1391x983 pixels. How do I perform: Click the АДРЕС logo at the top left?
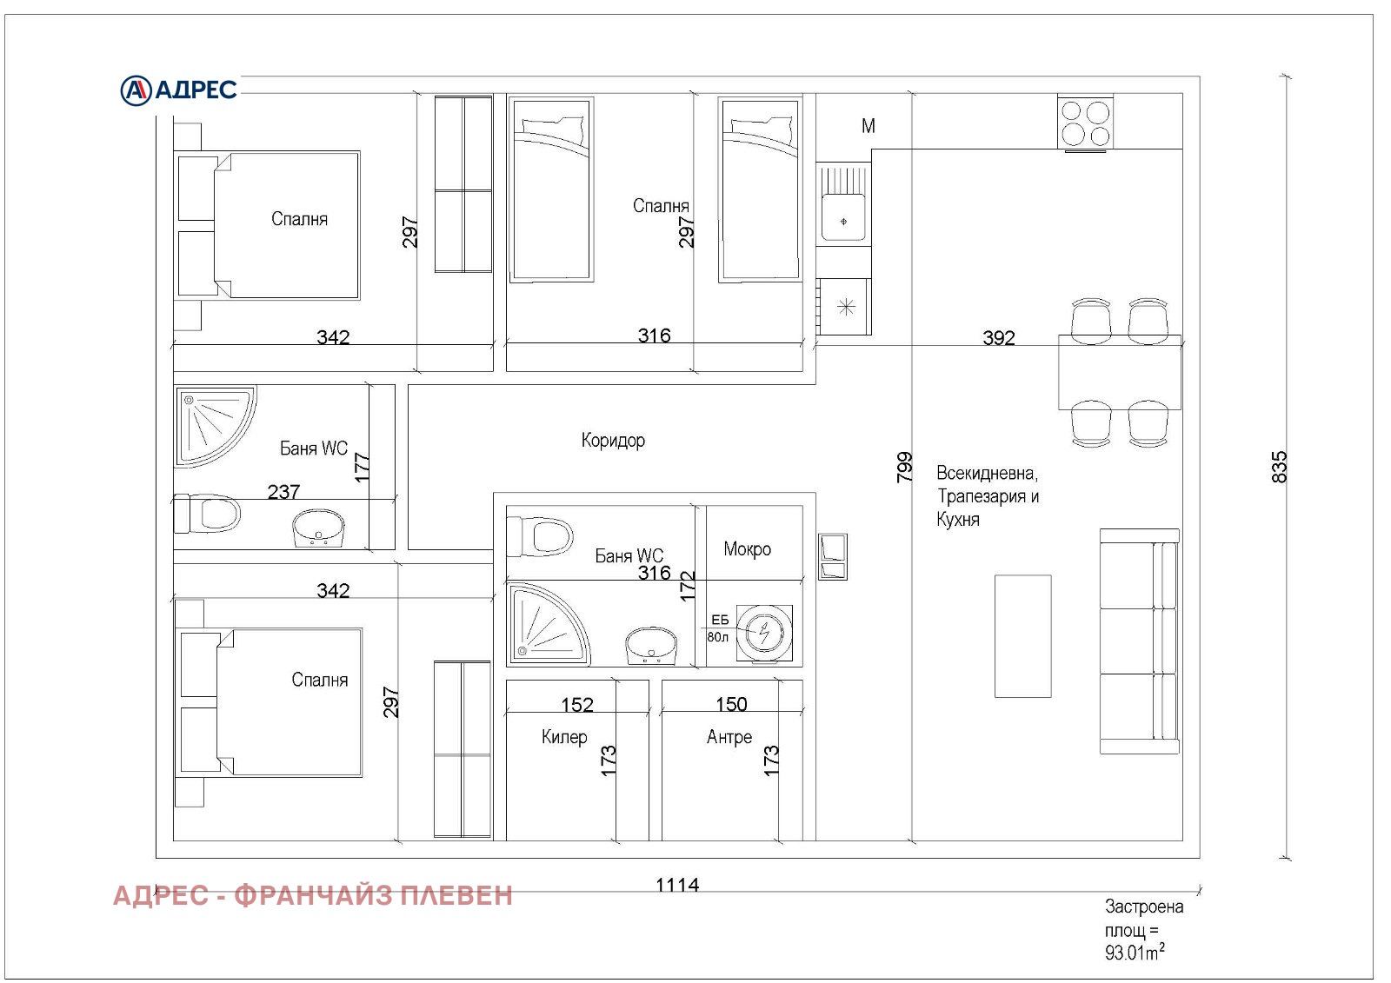tap(179, 90)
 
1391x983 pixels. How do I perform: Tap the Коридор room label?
tap(613, 441)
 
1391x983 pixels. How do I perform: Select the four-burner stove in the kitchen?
tap(1085, 123)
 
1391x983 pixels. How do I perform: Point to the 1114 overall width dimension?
tap(676, 885)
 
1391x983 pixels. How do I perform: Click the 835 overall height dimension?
tap(1279, 467)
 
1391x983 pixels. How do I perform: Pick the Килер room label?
tap(564, 737)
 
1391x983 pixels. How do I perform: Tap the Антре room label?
tap(729, 737)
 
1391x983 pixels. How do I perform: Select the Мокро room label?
tap(747, 549)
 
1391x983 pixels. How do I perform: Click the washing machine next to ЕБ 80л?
tap(764, 633)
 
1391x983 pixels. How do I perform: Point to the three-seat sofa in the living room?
tap(1139, 641)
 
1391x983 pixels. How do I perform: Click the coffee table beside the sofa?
tap(1022, 635)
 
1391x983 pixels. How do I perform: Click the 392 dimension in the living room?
tap(998, 337)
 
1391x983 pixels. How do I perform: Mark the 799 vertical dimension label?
tap(904, 467)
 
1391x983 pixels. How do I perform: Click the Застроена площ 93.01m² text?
tap(1142, 930)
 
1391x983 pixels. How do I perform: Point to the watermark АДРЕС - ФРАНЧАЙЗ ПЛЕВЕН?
tap(313, 895)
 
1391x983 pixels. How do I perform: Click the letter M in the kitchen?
tap(868, 126)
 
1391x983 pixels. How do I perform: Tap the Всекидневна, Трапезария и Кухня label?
tap(988, 496)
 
